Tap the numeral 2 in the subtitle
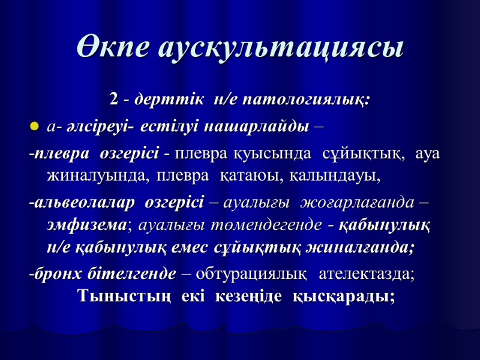coord(113,98)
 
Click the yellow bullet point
coord(34,127)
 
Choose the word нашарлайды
coord(257,127)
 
